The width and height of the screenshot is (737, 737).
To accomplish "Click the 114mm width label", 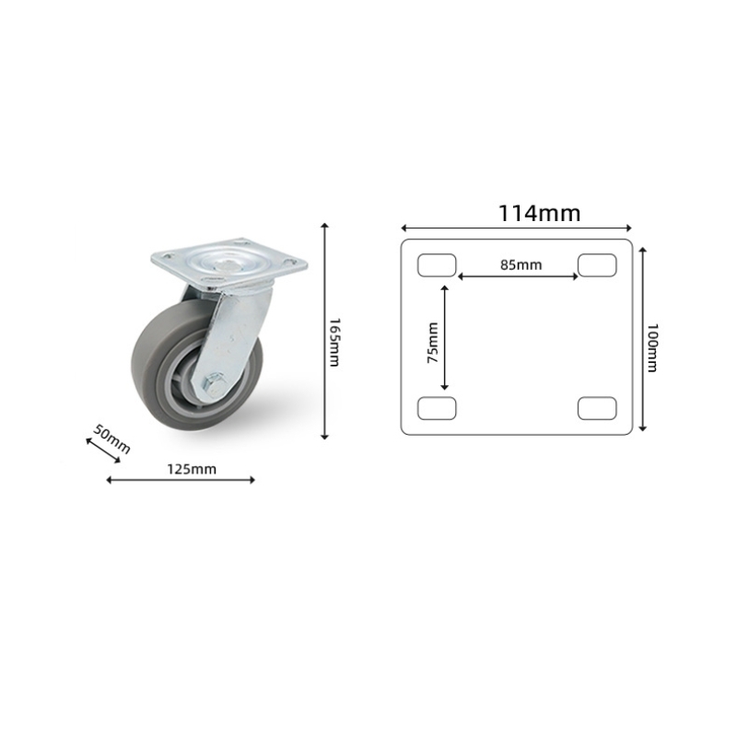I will (x=539, y=214).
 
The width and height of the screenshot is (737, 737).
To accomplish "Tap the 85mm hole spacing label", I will (x=521, y=264).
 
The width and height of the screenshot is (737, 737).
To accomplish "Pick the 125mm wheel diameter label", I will (x=192, y=468).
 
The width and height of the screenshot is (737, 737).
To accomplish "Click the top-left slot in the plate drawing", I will (x=437, y=265).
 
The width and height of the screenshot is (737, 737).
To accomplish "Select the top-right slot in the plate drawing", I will (x=597, y=265).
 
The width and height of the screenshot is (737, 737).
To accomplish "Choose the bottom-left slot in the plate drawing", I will (x=437, y=407).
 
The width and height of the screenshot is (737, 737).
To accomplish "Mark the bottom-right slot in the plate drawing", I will (x=597, y=407).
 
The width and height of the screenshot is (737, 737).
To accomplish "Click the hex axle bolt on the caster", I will (x=213, y=380).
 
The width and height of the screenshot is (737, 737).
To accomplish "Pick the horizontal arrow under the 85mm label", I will (x=519, y=275).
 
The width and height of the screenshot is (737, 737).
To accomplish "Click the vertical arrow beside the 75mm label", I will (x=445, y=337).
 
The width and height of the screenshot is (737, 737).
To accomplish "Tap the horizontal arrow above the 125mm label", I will (x=181, y=479).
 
